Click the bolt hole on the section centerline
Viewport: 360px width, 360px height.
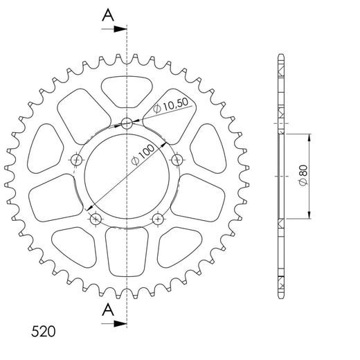coord(127,124)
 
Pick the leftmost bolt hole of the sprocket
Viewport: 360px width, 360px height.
coord(75,161)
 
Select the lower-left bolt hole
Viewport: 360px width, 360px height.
coord(96,219)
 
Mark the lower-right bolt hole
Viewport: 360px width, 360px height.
coord(159,219)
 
